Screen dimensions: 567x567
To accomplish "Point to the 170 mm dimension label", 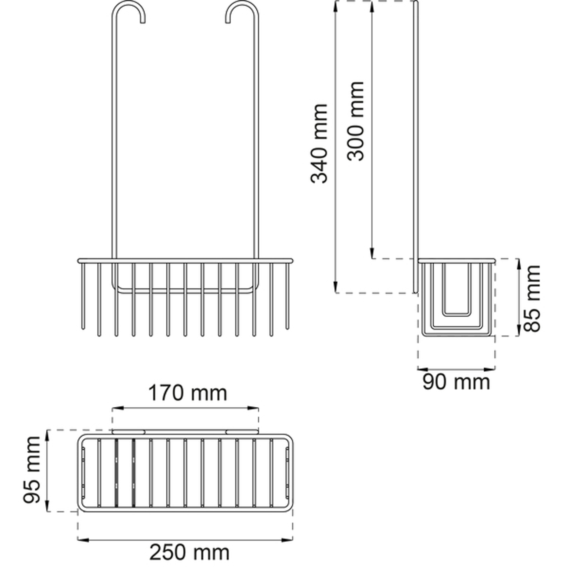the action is click(x=188, y=393).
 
